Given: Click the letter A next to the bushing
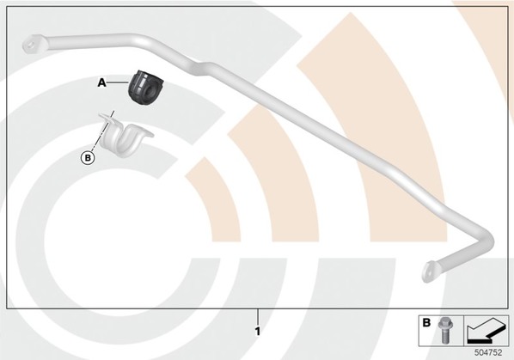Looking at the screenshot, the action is pyautogui.click(x=102, y=83).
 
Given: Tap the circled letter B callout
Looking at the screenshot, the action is pyautogui.click(x=88, y=158).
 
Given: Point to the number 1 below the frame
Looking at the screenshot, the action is pyautogui.click(x=258, y=332).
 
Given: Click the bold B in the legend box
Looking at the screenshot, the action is pyautogui.click(x=426, y=323).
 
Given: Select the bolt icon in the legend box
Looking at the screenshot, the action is pyautogui.click(x=444, y=330).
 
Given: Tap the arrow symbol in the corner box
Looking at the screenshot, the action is pyautogui.click(x=486, y=331).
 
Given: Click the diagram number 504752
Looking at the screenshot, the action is pyautogui.click(x=488, y=352).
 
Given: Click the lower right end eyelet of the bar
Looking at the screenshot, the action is pyautogui.click(x=430, y=271).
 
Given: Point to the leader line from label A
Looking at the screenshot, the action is pyautogui.click(x=117, y=83).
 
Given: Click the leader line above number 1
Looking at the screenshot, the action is pyautogui.click(x=258, y=317).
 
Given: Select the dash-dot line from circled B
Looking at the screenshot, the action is pyautogui.click(x=101, y=131).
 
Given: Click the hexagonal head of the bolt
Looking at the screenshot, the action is pyautogui.click(x=444, y=322).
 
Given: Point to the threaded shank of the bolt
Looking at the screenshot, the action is pyautogui.click(x=445, y=336).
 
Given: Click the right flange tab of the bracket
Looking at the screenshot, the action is pyautogui.click(x=146, y=133).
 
